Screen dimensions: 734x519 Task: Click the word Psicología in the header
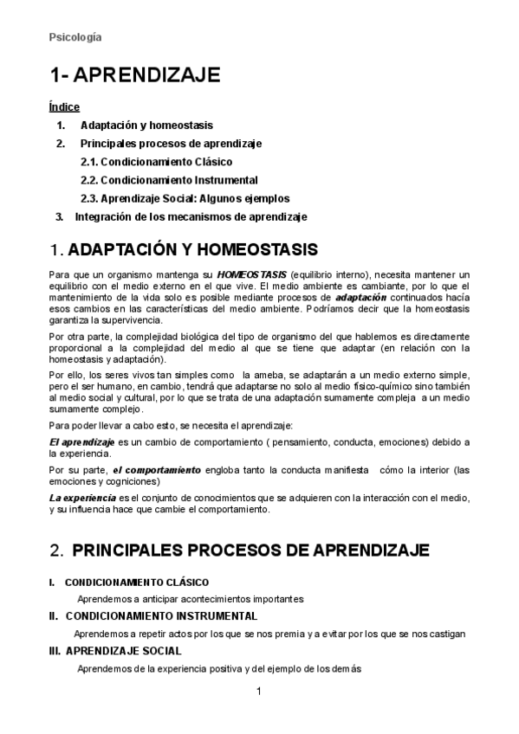75,37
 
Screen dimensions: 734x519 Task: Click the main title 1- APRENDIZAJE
134,75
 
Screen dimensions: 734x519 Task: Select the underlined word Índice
64,107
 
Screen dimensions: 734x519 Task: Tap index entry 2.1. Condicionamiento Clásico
156,162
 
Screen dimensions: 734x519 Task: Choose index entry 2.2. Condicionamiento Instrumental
169,180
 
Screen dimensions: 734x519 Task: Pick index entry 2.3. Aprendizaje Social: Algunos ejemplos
185,198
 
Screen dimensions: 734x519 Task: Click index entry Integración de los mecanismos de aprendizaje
191,216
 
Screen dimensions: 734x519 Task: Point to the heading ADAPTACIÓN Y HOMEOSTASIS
192,251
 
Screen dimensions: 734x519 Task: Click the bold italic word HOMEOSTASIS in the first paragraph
256,274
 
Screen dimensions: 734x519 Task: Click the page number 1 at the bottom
259,692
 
